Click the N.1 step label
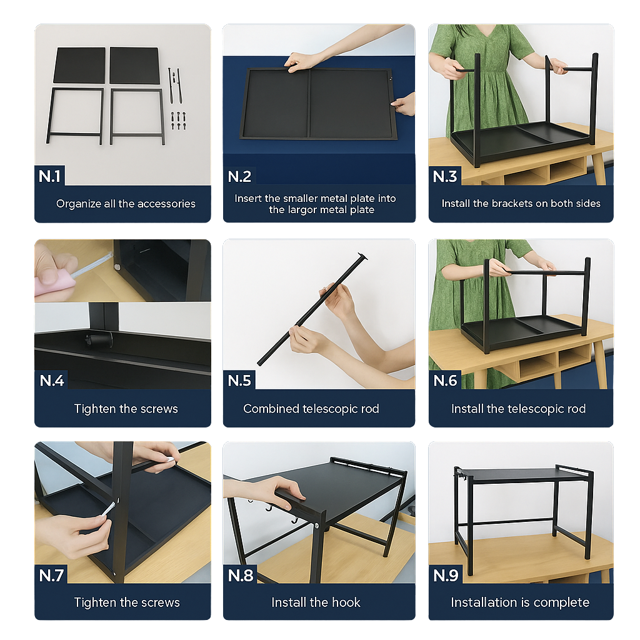click(50, 176)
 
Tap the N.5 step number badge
click(239, 381)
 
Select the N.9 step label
click(446, 575)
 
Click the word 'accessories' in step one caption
click(166, 204)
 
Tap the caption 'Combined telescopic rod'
click(311, 409)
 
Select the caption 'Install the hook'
click(316, 602)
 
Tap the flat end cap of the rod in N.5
click(362, 256)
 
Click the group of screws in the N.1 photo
click(178, 119)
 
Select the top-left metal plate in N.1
click(79, 65)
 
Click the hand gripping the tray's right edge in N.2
click(404, 104)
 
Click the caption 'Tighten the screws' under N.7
click(127, 602)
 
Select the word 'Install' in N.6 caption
click(467, 409)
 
